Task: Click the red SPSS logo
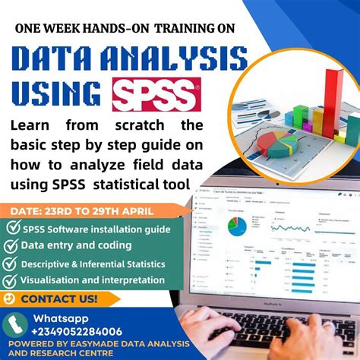coord(158,94)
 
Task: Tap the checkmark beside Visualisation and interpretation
coord(12,281)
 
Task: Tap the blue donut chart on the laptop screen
coord(238,225)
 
